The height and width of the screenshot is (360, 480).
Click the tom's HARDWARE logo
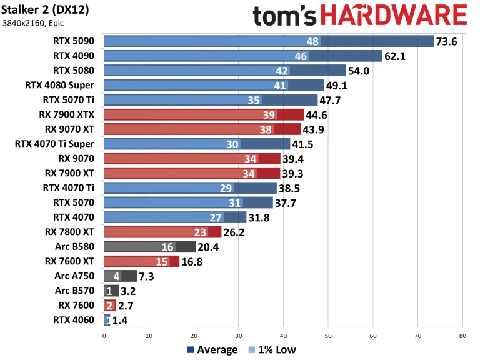point(360,15)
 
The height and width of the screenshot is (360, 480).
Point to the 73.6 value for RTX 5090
point(448,41)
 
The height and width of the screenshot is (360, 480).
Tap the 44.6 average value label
point(319,114)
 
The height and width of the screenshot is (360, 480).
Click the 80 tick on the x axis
point(462,336)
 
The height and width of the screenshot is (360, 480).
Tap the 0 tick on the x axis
point(104,336)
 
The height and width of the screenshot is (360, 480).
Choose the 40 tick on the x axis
point(283,336)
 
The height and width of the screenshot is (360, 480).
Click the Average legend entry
point(212,350)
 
